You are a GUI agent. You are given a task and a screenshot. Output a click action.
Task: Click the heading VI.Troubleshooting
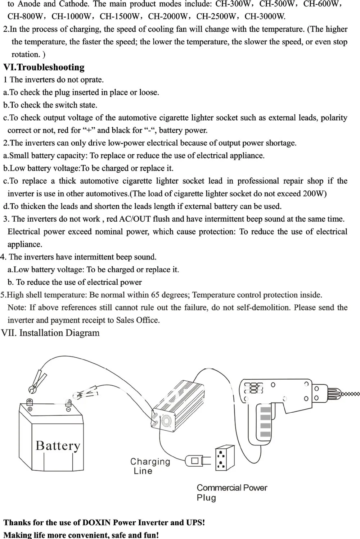click(44, 67)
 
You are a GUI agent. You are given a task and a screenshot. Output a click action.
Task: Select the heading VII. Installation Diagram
click(50, 333)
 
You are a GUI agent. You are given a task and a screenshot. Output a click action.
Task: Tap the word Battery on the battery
click(58, 446)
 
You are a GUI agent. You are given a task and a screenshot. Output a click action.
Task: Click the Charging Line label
click(150, 466)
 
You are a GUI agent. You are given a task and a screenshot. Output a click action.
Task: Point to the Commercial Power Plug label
click(231, 493)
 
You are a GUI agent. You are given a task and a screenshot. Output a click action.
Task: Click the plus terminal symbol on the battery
click(30, 409)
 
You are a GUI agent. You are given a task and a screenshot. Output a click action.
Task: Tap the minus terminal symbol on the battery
click(68, 409)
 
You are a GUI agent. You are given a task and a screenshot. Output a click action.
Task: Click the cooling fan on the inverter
click(166, 421)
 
